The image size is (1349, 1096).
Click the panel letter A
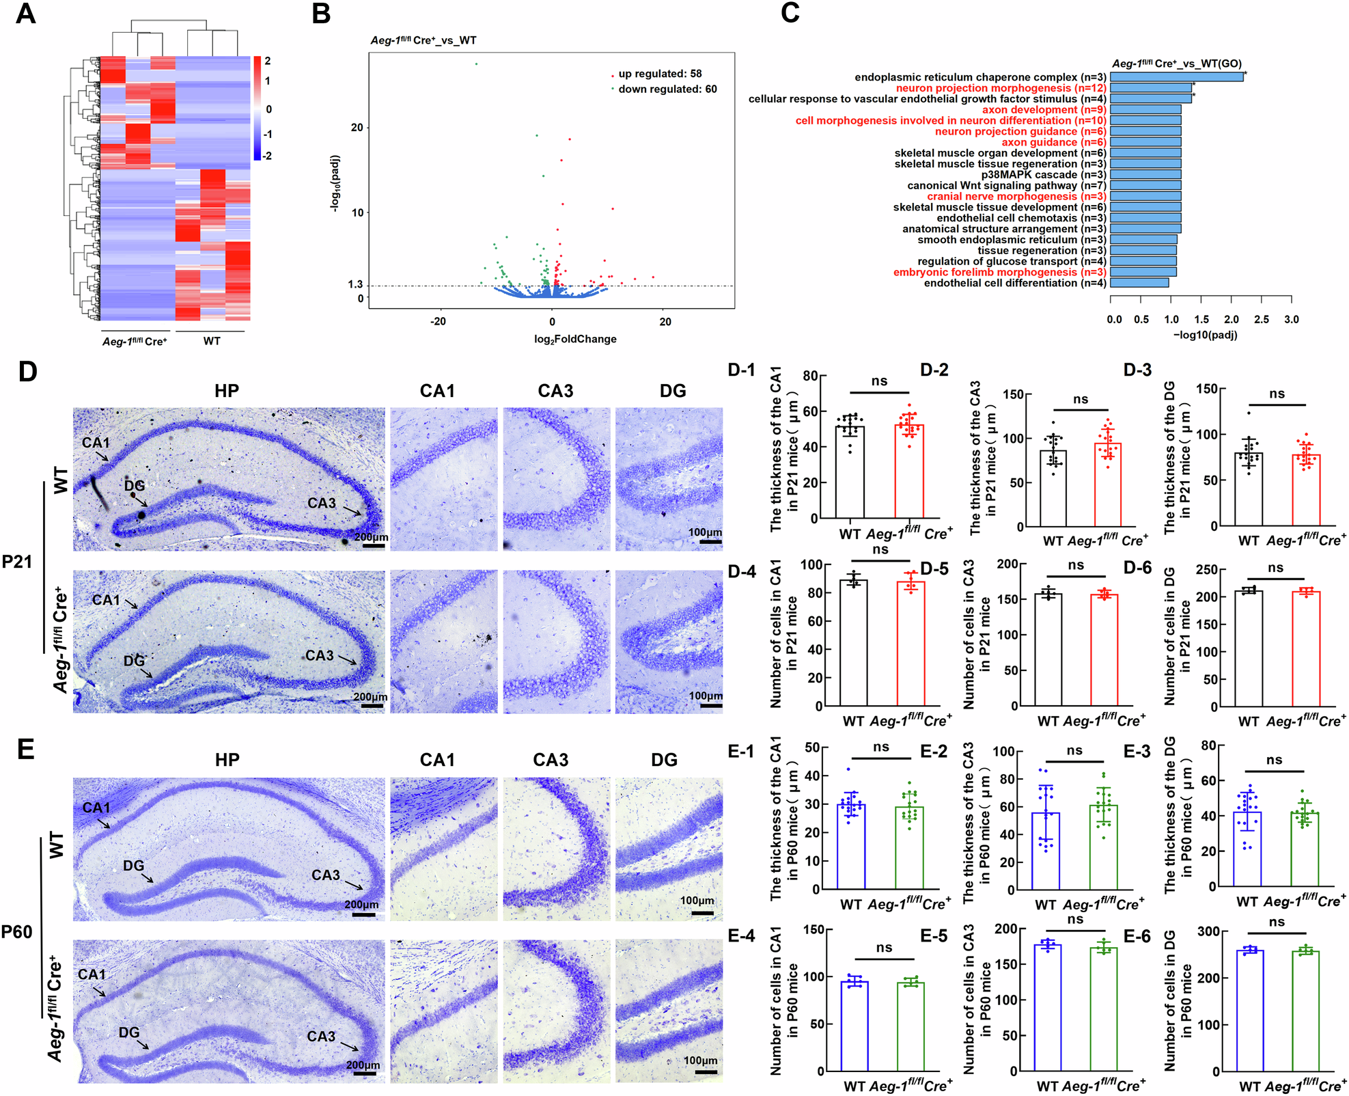[x=25, y=14]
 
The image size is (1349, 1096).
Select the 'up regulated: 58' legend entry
[x=659, y=74]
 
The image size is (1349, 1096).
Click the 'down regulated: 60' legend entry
[x=667, y=90]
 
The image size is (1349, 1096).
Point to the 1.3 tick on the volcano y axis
[x=355, y=284]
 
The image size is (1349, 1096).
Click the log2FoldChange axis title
[x=575, y=339]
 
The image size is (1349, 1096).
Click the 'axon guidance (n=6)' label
[x=1054, y=142]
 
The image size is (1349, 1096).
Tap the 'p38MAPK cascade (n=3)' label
[x=1044, y=175]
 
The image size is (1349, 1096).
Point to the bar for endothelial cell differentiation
[x=1139, y=283]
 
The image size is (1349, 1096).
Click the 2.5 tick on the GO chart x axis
[x=1262, y=319]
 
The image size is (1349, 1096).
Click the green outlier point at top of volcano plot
[x=476, y=64]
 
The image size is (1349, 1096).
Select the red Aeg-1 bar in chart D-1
[x=909, y=471]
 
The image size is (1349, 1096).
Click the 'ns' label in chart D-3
[x=1277, y=394]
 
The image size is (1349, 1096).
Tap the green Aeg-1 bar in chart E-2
[x=1104, y=847]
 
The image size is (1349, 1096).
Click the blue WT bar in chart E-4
[x=854, y=1025]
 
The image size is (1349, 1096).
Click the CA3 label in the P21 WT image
[x=322, y=504]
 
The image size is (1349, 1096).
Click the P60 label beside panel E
[x=17, y=932]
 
